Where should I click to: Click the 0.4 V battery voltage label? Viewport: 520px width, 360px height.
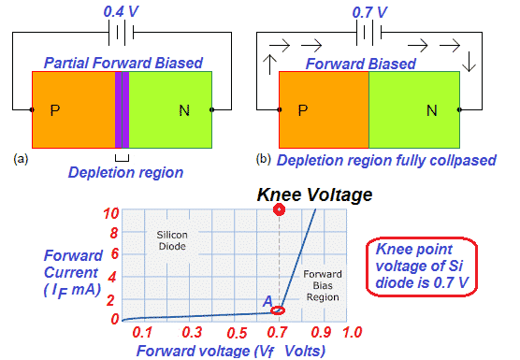pyautogui.click(x=123, y=10)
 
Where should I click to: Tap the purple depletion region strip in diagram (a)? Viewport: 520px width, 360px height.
pyautogui.click(x=121, y=108)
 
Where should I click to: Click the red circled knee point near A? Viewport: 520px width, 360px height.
pyautogui.click(x=278, y=310)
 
